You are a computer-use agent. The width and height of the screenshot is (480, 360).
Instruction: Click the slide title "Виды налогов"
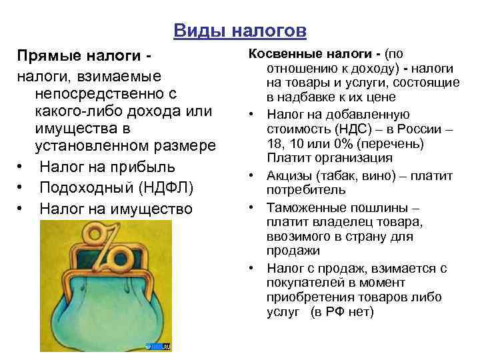click(240, 31)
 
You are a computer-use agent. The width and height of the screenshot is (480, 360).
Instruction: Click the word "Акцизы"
click(288, 176)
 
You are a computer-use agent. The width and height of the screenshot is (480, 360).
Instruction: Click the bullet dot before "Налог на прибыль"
click(22, 166)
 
